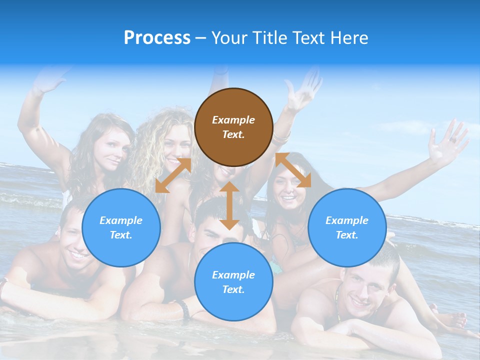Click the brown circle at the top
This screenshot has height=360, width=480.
coord(233,127)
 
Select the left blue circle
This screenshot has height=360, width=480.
coord(121,227)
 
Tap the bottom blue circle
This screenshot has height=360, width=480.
coord(233,282)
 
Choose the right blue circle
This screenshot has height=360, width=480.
coord(347,227)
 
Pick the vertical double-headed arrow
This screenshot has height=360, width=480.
coord(229,205)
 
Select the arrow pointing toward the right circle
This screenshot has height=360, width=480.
coord(293,170)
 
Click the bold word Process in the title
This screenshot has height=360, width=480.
coord(157,37)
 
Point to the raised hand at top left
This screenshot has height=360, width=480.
coord(47,80)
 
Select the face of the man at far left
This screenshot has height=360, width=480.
coord(75,240)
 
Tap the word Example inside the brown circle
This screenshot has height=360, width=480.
coord(233,120)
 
